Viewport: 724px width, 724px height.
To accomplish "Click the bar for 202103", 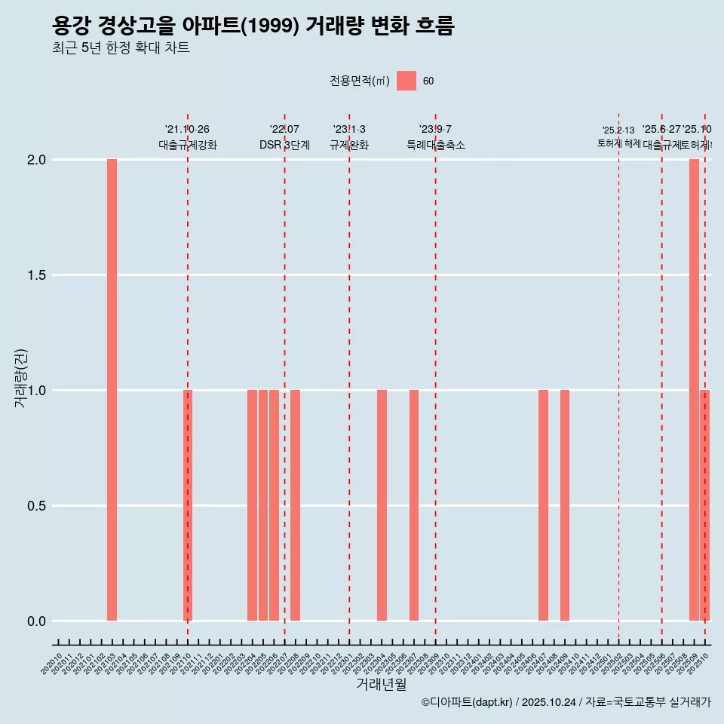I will pyautogui.click(x=112, y=390).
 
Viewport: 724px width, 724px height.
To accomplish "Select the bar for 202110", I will pyautogui.click(x=188, y=505).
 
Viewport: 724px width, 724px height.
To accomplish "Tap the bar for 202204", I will pyautogui.click(x=252, y=505).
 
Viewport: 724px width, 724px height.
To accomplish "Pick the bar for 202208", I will pyautogui.click(x=295, y=505).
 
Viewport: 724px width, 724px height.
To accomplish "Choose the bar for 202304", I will pyautogui.click(x=382, y=505).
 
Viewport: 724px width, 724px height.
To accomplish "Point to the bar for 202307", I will pyautogui.click(x=414, y=505).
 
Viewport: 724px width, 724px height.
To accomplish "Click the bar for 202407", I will pyautogui.click(x=543, y=505).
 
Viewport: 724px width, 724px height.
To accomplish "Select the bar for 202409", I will pyautogui.click(x=565, y=505).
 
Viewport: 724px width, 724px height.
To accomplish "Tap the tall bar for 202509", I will pyautogui.click(x=694, y=390).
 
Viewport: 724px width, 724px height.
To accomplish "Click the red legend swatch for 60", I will pyautogui.click(x=406, y=81).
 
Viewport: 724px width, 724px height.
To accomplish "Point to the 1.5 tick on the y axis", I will pyautogui.click(x=36, y=275).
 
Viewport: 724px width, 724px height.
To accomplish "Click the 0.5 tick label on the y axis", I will pyautogui.click(x=36, y=506).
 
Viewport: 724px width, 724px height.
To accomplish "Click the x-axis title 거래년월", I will pyautogui.click(x=381, y=684).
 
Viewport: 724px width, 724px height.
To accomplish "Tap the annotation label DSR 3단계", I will pyautogui.click(x=284, y=145).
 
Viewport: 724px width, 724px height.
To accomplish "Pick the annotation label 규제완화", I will pyautogui.click(x=349, y=145).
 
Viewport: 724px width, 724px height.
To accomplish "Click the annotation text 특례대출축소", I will pyautogui.click(x=435, y=145).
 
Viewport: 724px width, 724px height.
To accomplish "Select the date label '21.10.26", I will pyautogui.click(x=187, y=129).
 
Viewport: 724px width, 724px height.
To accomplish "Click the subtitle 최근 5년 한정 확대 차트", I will pyautogui.click(x=121, y=48).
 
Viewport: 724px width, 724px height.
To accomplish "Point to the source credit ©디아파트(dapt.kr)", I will pyautogui.click(x=467, y=702).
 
